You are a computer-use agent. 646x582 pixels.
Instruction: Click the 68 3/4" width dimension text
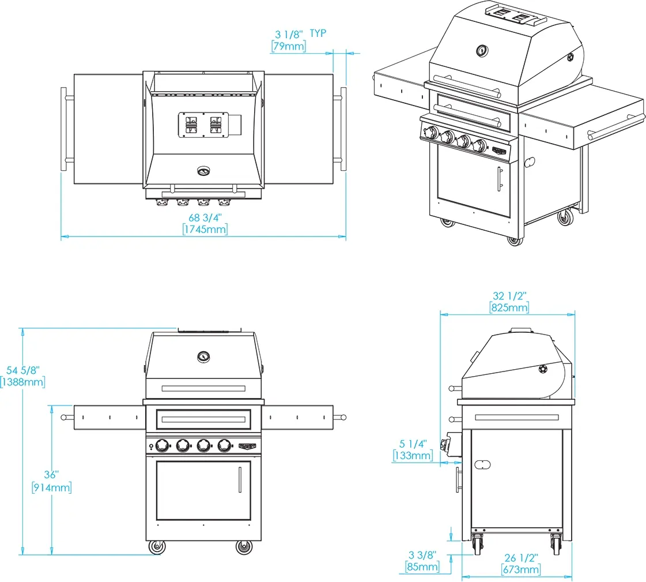pyautogui.click(x=205, y=218)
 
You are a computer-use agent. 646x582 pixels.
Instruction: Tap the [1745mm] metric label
pyautogui.click(x=205, y=230)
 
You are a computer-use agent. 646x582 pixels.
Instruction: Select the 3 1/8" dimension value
pyautogui.click(x=289, y=34)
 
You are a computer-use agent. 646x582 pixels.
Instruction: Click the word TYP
pyautogui.click(x=318, y=33)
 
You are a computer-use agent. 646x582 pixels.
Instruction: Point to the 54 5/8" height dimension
pyautogui.click(x=23, y=370)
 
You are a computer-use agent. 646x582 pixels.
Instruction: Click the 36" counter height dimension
pyautogui.click(x=51, y=475)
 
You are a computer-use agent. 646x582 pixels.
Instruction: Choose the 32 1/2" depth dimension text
pyautogui.click(x=509, y=296)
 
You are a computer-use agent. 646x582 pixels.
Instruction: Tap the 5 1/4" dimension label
pyautogui.click(x=413, y=444)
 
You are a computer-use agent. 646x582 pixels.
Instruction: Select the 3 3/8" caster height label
pyautogui.click(x=422, y=555)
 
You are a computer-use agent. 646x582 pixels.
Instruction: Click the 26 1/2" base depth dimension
pyautogui.click(x=521, y=558)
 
